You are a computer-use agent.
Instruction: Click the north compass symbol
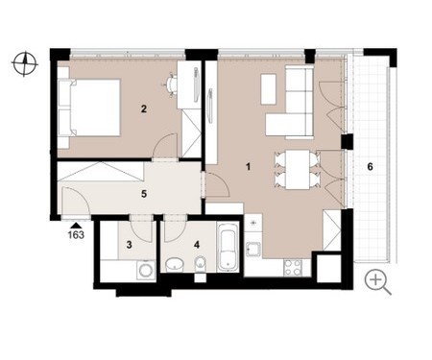pos(25,63)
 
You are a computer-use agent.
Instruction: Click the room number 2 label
pos(144,109)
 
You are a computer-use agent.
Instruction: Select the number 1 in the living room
pos(248,167)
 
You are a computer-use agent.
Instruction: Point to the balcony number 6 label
pos(370,167)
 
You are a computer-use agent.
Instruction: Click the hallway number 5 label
pos(144,194)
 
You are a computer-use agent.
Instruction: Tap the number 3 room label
pos(129,245)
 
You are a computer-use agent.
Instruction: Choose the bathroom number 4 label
pos(197,245)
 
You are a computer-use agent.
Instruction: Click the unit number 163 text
pos(76,235)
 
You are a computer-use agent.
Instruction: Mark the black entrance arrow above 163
pos(76,226)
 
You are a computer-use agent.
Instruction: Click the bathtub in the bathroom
pos(228,248)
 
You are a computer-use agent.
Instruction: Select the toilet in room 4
pos(201,265)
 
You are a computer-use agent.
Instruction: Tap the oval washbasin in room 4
pos(175,264)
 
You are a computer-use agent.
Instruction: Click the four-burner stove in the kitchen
pos(293,268)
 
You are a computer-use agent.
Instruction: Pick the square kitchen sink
pos(253,250)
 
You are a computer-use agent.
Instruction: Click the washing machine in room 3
pos(146,270)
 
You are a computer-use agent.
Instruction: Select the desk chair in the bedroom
pos(171,84)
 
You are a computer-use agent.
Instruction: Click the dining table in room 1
pos(298,170)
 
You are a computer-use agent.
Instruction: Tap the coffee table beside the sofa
pos(269,89)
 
